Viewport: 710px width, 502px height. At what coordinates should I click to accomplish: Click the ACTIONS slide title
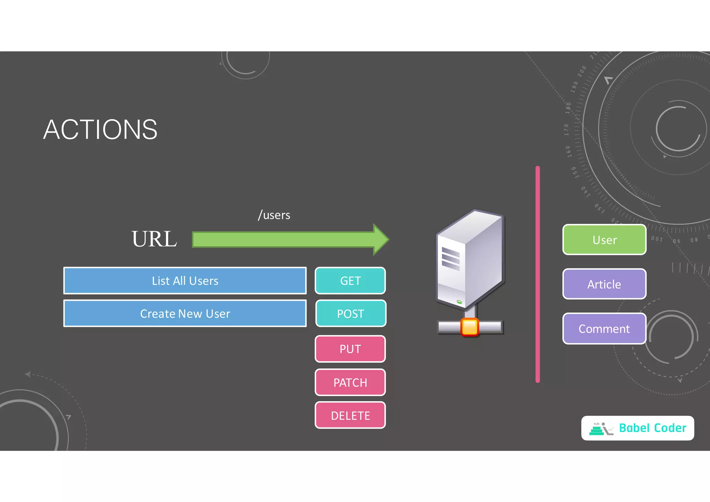[100, 130]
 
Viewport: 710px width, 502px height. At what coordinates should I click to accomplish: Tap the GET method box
[350, 280]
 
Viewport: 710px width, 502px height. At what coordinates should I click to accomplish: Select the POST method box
[350, 313]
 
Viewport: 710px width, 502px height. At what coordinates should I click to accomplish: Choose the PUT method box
[350, 349]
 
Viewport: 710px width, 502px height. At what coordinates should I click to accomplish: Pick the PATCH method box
[350, 382]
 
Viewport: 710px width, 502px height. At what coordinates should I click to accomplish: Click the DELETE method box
[350, 415]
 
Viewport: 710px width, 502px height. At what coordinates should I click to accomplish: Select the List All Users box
[185, 280]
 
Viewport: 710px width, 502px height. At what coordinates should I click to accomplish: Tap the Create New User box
[185, 313]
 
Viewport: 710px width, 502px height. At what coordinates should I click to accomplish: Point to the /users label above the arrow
[274, 215]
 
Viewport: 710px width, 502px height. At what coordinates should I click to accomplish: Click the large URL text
[154, 239]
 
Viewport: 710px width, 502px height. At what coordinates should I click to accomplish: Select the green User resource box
[604, 240]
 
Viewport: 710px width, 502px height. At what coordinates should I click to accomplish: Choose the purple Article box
[604, 284]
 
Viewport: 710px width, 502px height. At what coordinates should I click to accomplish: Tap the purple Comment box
[604, 328]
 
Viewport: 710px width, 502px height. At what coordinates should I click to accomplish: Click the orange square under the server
[470, 327]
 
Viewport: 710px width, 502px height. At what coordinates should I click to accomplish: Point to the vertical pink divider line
[537, 274]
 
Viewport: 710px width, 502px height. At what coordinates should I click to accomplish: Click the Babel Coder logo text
[652, 428]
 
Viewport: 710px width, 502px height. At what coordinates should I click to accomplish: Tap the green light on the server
[459, 302]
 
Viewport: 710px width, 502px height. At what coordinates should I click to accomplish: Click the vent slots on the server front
[451, 259]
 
